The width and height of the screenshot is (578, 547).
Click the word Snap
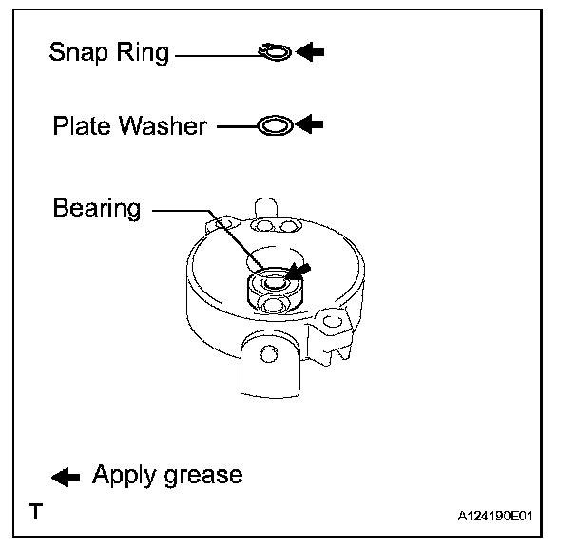[78, 52]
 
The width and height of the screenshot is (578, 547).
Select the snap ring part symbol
[273, 52]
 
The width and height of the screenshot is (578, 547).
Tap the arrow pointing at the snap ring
[310, 52]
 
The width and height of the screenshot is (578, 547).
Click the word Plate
[83, 125]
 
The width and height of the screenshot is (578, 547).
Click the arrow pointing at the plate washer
[310, 123]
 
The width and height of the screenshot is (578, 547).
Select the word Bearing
[97, 208]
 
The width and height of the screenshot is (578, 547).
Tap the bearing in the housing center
[273, 281]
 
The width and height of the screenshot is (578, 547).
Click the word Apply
[123, 475]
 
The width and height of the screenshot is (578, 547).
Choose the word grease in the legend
[202, 476]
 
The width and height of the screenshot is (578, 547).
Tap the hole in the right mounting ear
[331, 323]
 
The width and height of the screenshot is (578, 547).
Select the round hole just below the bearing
[274, 304]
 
